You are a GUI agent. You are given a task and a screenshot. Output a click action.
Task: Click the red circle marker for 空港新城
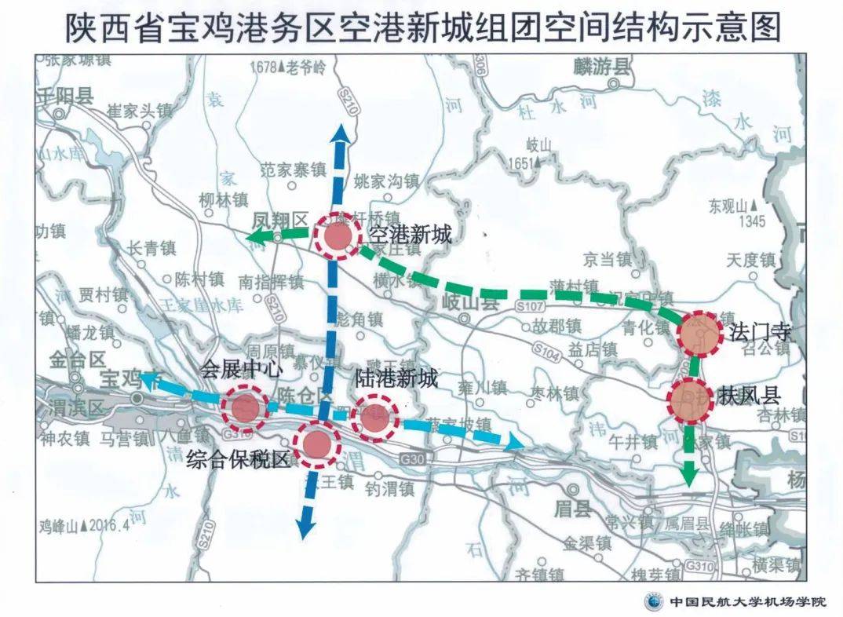pos(338,235)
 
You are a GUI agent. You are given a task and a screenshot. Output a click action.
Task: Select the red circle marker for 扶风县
pos(692,401)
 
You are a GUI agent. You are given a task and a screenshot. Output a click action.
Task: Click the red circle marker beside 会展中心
pos(244,407)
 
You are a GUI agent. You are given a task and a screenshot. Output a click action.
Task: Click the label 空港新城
pos(407,233)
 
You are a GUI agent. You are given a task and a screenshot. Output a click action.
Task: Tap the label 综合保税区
pos(238,461)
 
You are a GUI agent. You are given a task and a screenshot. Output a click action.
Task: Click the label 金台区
pos(77,360)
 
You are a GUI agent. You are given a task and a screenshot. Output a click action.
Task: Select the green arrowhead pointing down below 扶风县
pos(690,473)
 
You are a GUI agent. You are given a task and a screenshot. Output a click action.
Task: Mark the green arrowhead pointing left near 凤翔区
pos(262,236)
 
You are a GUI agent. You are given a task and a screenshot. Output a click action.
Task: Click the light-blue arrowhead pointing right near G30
pos(513,444)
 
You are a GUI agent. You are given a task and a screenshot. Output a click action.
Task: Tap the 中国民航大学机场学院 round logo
pos(653,601)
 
